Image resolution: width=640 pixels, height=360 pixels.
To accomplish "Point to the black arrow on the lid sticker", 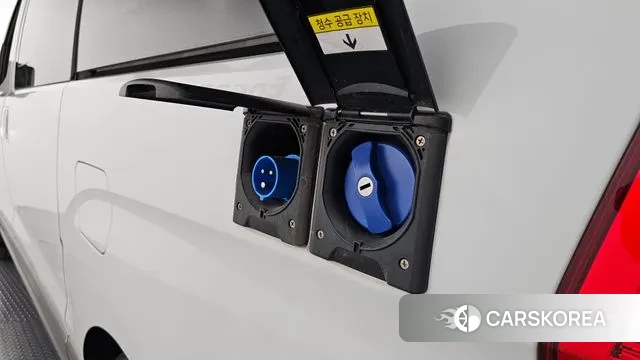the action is click(349, 42).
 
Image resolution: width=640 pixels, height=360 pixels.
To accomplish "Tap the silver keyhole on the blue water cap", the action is click(365, 187).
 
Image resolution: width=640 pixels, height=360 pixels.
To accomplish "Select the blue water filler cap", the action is click(380, 188).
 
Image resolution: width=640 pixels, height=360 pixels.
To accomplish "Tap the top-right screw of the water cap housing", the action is click(420, 141).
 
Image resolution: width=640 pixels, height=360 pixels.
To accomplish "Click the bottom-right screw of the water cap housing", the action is click(404, 263).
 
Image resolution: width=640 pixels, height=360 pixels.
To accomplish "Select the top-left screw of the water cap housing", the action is click(333, 132).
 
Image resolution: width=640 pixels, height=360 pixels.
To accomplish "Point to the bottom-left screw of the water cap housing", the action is click(320, 234).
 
